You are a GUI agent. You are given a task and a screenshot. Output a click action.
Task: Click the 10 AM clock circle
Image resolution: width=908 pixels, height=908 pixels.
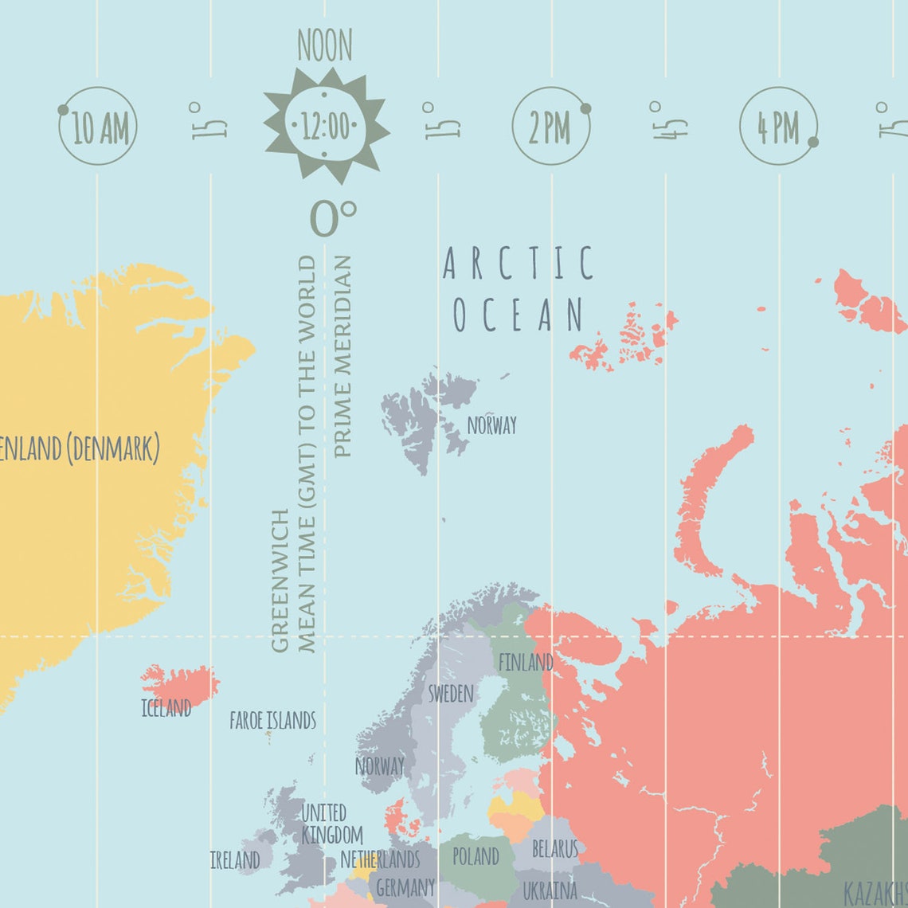98,127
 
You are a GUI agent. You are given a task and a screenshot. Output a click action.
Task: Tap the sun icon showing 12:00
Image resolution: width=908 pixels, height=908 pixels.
326,126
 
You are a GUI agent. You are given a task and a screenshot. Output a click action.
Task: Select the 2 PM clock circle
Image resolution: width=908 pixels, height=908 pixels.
550,127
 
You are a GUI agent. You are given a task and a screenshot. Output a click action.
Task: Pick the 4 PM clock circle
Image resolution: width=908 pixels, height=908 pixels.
778,127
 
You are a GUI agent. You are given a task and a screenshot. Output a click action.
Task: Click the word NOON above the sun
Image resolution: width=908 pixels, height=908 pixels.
324,46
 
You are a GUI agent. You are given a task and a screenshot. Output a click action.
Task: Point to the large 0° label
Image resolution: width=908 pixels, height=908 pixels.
332,218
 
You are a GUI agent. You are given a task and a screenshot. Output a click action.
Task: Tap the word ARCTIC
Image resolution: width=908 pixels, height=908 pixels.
518,264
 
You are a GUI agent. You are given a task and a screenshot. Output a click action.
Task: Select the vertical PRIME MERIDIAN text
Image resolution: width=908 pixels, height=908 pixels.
342,356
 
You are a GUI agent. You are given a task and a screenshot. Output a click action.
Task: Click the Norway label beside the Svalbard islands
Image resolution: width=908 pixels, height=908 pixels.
491,425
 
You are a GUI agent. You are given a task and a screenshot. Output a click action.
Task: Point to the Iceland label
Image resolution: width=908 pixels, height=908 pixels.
166,708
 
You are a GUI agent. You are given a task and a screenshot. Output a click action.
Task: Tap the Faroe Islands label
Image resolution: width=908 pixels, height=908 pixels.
272,721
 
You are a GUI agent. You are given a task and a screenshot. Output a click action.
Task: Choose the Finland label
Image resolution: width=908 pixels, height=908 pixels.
525,662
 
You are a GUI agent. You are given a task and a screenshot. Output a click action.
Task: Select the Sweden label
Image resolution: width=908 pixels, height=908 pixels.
451,694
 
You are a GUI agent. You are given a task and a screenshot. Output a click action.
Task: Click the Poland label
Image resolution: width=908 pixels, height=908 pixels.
476,856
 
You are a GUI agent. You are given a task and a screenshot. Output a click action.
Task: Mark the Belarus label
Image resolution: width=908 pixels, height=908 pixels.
554,849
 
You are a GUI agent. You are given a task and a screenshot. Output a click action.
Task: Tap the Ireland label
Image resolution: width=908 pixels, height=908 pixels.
235,860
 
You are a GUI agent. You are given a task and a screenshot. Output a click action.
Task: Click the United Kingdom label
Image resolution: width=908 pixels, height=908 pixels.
331,824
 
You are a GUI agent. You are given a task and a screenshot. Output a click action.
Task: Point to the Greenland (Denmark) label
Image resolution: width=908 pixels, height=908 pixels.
80,448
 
